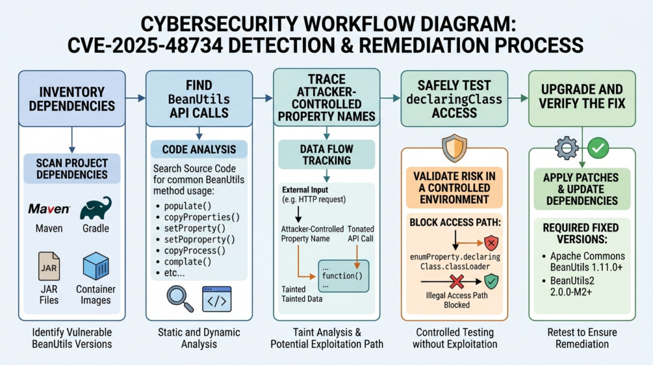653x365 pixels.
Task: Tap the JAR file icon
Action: [x=48, y=266]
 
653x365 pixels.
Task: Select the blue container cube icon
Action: [x=96, y=266]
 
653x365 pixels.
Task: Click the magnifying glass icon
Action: [x=180, y=299]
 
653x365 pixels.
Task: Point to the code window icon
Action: [x=217, y=299]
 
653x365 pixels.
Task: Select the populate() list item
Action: [x=188, y=206]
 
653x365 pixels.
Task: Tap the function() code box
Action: [x=343, y=276]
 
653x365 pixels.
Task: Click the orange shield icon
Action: [x=454, y=147]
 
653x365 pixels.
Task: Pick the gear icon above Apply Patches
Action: [x=566, y=147]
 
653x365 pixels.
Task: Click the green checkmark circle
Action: [x=598, y=148]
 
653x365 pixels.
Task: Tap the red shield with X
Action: [x=492, y=242]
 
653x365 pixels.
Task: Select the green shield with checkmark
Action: [x=492, y=281]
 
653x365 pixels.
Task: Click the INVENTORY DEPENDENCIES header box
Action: [x=72, y=99]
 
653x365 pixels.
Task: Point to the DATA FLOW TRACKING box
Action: [x=326, y=154]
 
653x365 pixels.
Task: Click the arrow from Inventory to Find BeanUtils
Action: [x=136, y=98]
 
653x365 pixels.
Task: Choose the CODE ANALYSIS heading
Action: [x=199, y=149]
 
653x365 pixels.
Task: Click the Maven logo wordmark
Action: [x=49, y=209]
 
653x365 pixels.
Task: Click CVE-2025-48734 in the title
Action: [x=145, y=45]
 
